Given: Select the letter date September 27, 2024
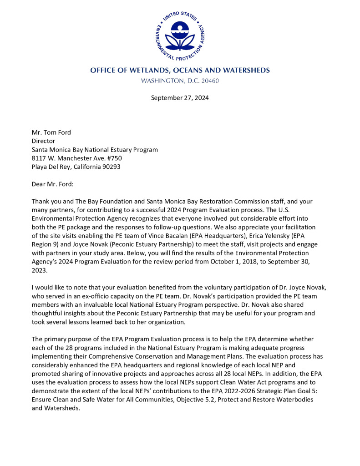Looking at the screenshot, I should tap(180, 98).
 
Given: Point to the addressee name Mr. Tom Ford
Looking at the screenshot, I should tap(51, 132).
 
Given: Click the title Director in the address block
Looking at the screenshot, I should tap(44, 141).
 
